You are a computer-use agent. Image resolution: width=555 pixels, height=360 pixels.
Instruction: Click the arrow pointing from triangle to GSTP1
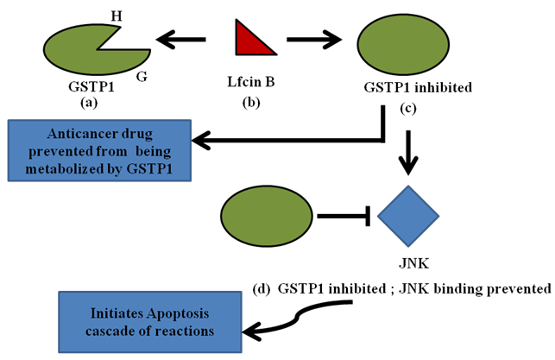(182, 39)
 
